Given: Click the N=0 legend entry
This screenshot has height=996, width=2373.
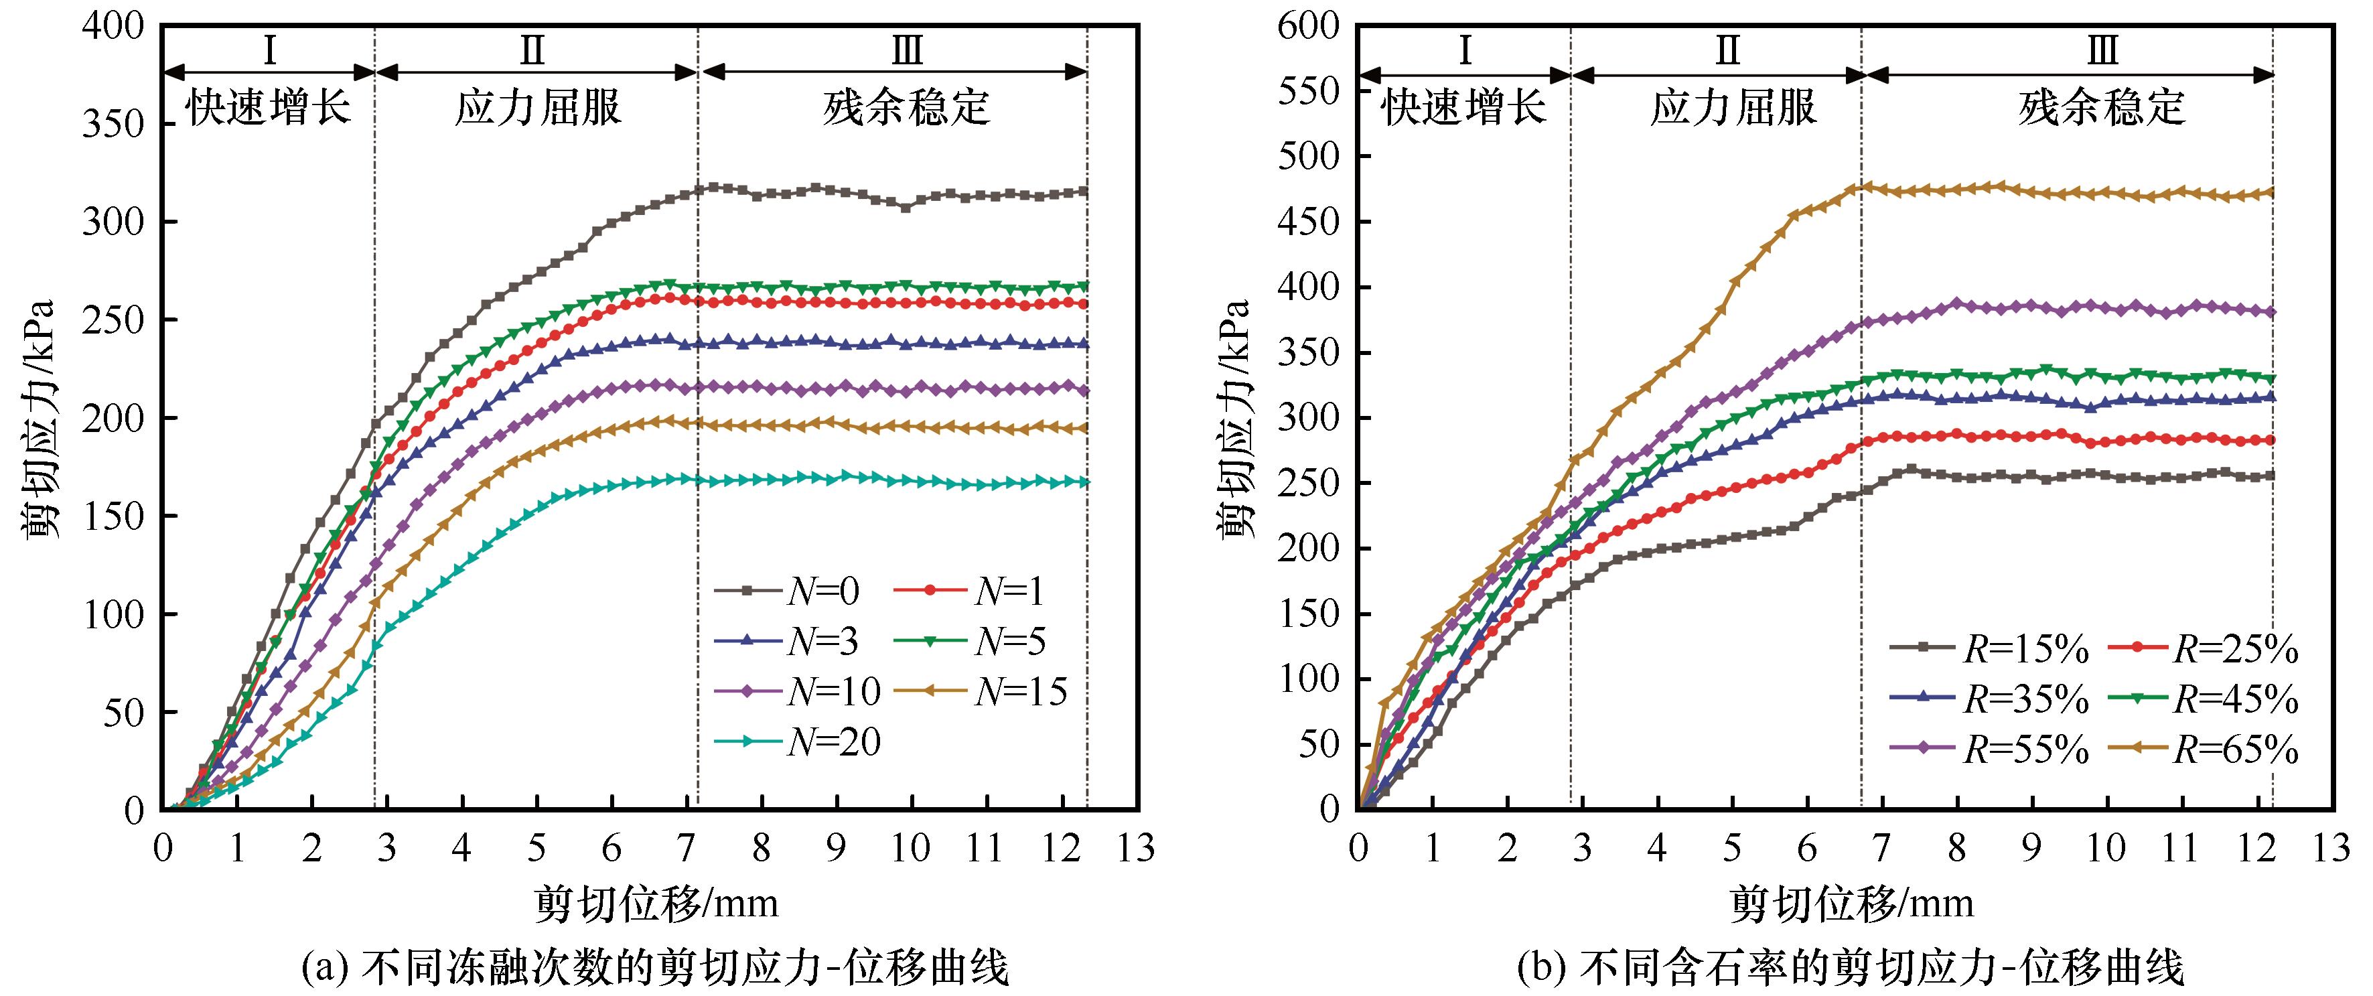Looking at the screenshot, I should coord(788,591).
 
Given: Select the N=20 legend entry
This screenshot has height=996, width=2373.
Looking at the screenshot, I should coord(798,741).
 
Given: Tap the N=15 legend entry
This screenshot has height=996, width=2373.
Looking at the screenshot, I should coord(981,691).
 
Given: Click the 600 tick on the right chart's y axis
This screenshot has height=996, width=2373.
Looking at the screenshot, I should coord(1308,26).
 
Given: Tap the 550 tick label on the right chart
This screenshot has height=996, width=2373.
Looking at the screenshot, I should coord(1308,91).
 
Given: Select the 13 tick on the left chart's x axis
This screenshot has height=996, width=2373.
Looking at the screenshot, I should coord(1137,848).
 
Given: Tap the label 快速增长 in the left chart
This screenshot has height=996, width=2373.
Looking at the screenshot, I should coord(269,108).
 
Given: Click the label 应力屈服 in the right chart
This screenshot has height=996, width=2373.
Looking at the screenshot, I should coord(1733,108).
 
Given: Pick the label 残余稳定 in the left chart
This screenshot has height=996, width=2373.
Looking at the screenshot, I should coord(906,108).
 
